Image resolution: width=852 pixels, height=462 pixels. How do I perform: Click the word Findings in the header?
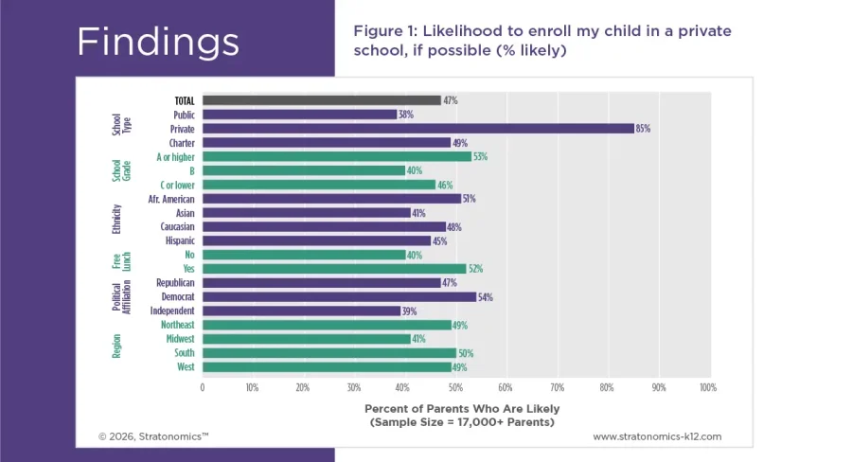pos(157,42)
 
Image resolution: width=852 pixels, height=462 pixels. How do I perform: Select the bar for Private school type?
pos(417,129)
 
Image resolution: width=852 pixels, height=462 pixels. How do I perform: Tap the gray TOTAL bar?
pos(321,100)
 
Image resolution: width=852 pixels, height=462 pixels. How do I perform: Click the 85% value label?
pos(644,129)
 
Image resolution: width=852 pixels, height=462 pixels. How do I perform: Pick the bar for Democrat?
pos(339,297)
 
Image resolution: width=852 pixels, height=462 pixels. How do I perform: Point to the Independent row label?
pos(172,311)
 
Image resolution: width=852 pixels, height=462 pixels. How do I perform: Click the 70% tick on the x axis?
pos(557,387)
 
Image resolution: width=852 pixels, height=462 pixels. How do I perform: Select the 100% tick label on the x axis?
pos(706,387)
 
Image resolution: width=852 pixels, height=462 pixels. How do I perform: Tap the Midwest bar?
pos(306,339)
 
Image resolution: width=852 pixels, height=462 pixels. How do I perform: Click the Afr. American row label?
pos(171,199)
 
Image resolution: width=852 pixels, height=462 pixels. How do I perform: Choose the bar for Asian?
pos(306,213)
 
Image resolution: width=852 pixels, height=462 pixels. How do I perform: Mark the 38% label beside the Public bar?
pos(406,115)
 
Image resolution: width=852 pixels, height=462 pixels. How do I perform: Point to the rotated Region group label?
pos(117,346)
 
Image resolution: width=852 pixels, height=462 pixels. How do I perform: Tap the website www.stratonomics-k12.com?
pos(657,436)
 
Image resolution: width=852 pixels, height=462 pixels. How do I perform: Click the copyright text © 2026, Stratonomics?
pos(153,436)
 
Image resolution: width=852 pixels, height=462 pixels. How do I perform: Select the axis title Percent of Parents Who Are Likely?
pos(458,408)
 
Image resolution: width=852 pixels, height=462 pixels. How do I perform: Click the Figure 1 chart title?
pos(541,41)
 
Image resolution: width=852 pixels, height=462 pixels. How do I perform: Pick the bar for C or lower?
pos(318,185)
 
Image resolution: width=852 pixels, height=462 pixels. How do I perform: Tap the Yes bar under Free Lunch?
pos(333,269)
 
